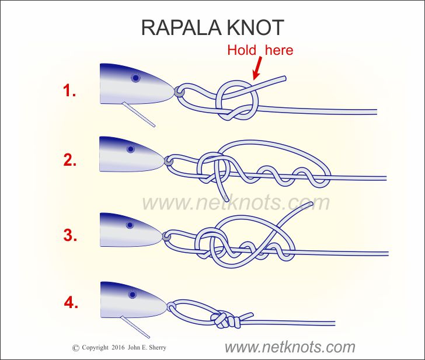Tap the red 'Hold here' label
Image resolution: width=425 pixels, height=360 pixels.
click(x=260, y=50)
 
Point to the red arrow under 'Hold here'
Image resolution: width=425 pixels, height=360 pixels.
click(x=255, y=69)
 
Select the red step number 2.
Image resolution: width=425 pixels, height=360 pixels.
click(x=70, y=161)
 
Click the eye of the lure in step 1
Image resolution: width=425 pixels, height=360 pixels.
click(x=135, y=77)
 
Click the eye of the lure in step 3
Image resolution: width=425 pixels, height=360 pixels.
click(x=129, y=225)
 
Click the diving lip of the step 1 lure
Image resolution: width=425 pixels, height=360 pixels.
click(x=139, y=114)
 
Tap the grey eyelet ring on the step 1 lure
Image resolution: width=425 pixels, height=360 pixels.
click(x=179, y=92)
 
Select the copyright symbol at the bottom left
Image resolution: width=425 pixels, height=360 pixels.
click(x=75, y=348)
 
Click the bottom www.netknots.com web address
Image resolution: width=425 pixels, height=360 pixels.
click(x=289, y=347)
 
